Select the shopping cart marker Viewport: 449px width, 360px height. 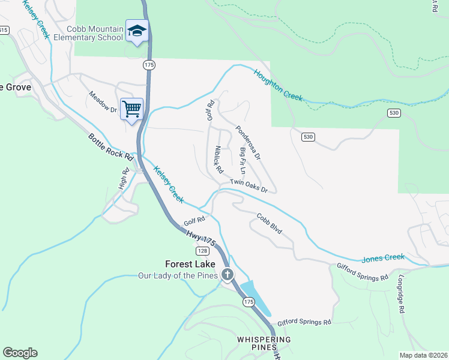pyautogui.click(x=131, y=109)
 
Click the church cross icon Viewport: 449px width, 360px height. pyautogui.click(x=227, y=275)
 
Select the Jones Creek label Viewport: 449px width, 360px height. pyautogui.click(x=383, y=258)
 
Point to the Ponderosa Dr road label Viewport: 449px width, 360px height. pyautogui.click(x=247, y=142)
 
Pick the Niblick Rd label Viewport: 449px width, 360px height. pyautogui.click(x=218, y=157)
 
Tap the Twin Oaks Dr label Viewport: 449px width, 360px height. pyautogui.click(x=248, y=186)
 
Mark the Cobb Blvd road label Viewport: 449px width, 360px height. pyautogui.click(x=269, y=224)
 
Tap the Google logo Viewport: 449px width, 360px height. pyautogui.click(x=20, y=353)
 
